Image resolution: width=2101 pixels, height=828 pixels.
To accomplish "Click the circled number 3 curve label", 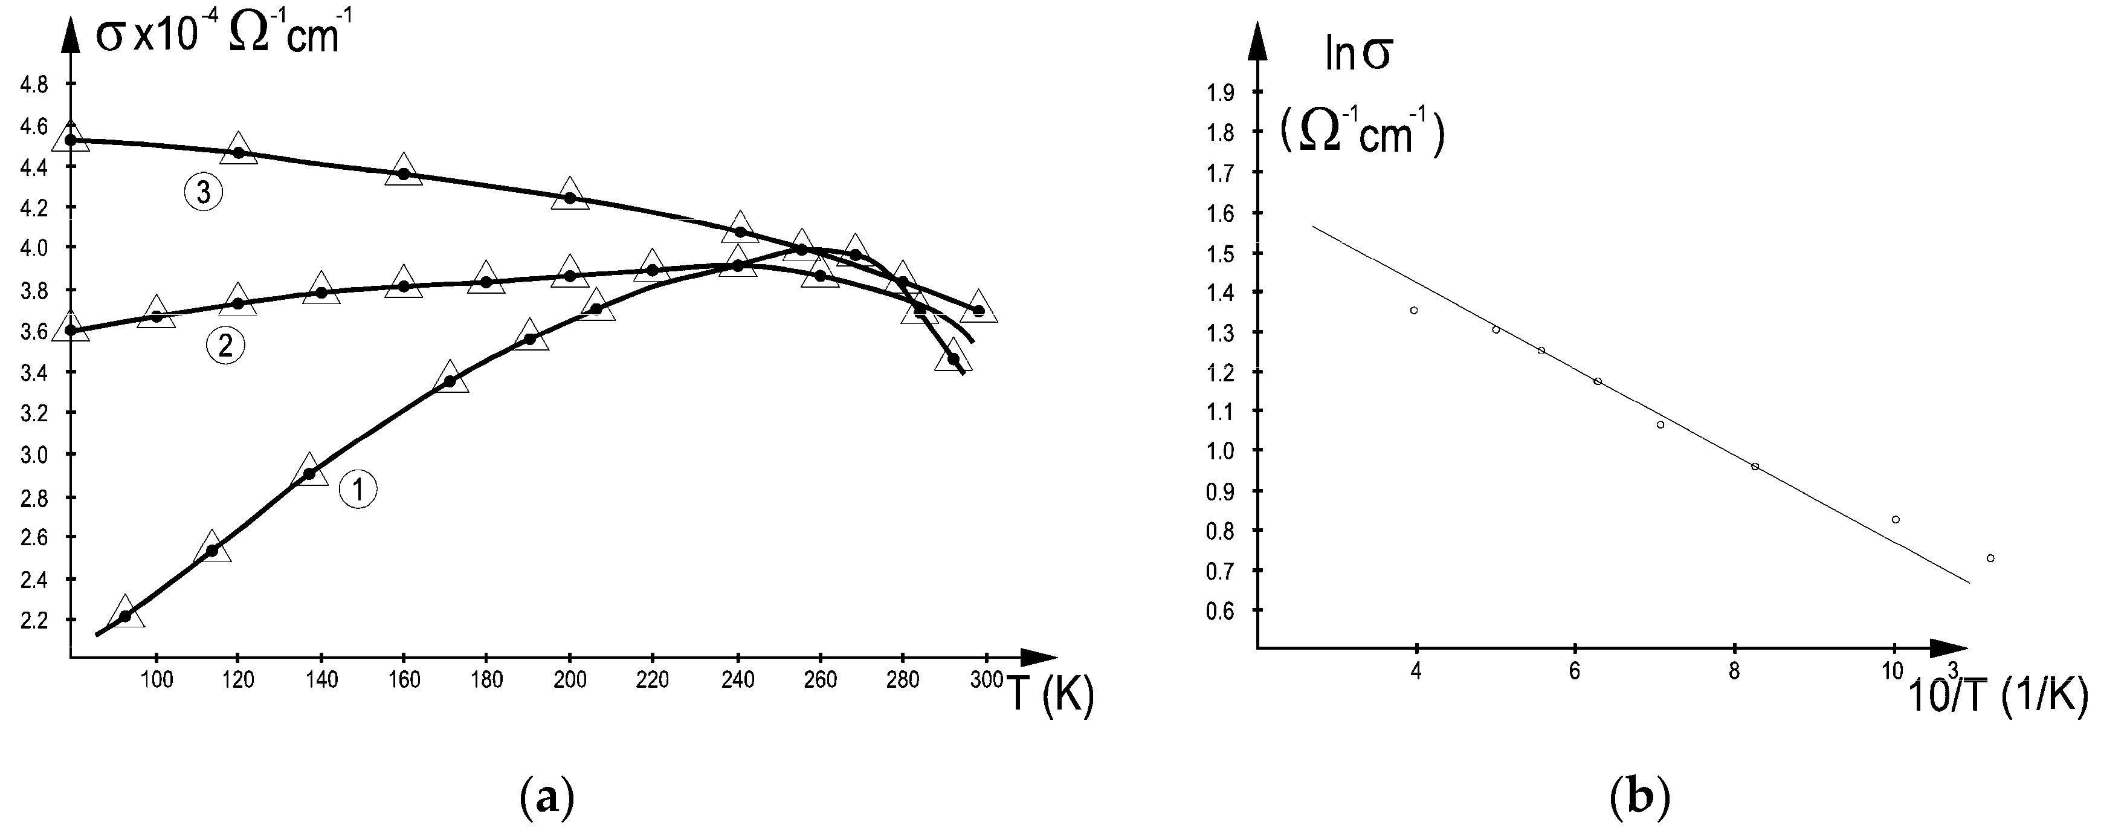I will click(x=203, y=193).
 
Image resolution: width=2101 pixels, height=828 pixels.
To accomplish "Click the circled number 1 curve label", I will click(x=358, y=490).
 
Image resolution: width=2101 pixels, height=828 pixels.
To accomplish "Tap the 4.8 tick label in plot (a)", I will click(x=33, y=85).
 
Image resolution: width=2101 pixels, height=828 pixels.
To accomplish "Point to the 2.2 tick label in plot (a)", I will click(x=33, y=621).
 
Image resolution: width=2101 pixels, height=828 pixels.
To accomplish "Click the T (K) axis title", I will click(x=1050, y=695).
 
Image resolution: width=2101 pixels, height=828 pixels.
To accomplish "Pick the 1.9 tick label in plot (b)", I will click(x=1219, y=93).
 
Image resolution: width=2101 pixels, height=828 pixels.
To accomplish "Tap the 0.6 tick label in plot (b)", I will click(x=1219, y=611).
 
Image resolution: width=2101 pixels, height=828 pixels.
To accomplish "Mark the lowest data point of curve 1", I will click(x=125, y=616).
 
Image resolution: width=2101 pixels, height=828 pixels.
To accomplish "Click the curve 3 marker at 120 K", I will click(x=238, y=152).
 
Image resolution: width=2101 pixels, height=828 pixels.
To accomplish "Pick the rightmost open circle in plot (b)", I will click(x=1991, y=558).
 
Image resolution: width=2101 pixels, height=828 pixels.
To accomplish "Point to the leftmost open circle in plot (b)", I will click(x=1413, y=310).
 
